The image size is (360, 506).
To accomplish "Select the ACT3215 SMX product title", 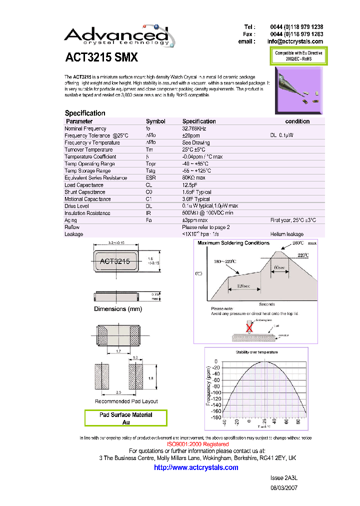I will click(101, 58).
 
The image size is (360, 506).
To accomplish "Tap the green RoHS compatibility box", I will click(298, 56).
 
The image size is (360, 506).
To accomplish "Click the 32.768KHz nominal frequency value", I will click(194, 128).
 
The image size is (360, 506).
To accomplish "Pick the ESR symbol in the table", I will click(150, 177).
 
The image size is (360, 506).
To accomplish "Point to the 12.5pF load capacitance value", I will click(190, 185).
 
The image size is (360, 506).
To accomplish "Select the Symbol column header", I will click(155, 121).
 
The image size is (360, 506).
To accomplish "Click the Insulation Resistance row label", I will click(87, 213).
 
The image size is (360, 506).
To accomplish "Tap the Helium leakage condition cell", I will click(286, 234).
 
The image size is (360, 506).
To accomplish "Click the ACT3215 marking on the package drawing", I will click(115, 261).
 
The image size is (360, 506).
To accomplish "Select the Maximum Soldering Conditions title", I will click(233, 243).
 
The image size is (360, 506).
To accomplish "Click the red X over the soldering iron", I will click(248, 327).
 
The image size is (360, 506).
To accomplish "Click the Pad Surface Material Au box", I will click(125, 418).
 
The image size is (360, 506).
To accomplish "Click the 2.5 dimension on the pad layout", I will click(118, 392).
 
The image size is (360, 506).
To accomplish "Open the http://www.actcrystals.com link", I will click(196, 467).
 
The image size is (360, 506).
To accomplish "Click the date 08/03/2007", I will click(283, 487).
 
